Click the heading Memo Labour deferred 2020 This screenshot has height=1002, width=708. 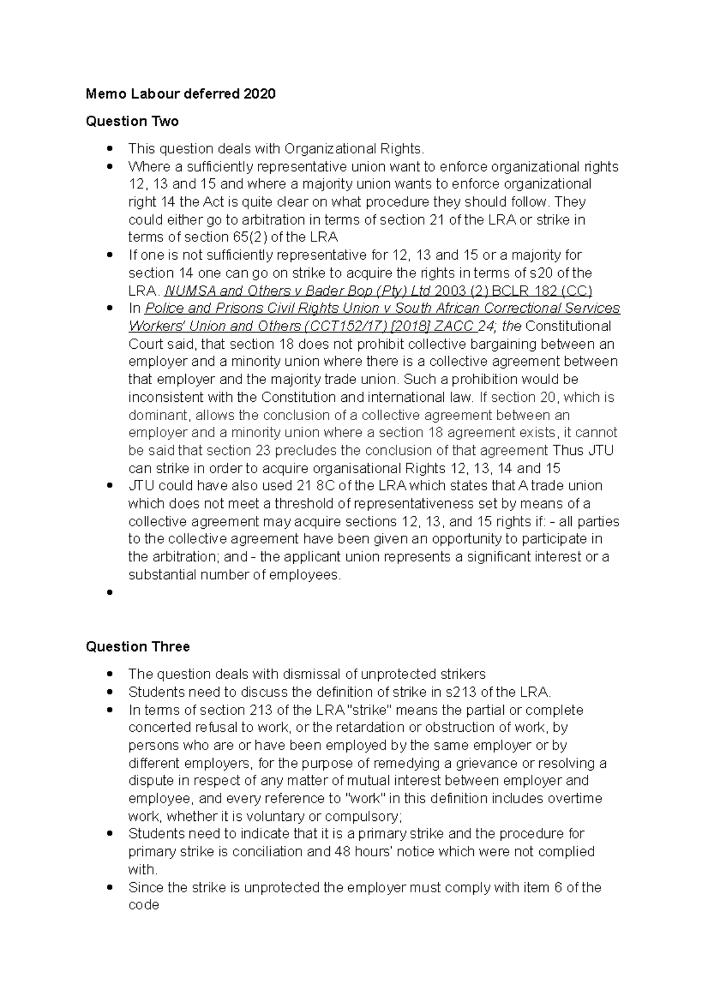click(181, 94)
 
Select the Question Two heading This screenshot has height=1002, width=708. click(132, 122)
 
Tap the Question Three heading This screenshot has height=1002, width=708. click(137, 647)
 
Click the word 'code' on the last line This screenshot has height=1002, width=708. click(144, 905)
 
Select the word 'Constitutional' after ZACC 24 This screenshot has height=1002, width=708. click(568, 326)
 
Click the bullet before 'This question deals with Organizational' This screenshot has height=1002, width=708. click(109, 149)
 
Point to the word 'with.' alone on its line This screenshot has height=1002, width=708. click(143, 870)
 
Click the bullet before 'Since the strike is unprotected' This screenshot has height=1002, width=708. click(109, 888)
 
